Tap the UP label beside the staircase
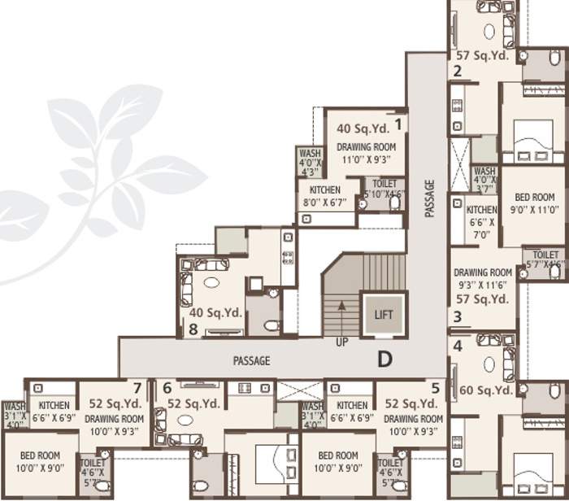click(342, 342)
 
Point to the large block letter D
click(384, 359)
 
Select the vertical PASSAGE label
click(429, 198)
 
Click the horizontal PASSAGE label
click(251, 360)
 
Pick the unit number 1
click(398, 124)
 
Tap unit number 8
click(193, 329)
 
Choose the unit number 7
click(137, 388)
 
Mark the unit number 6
click(167, 389)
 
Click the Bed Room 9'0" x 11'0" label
click(534, 202)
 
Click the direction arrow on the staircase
click(341, 307)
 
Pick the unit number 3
click(458, 317)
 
